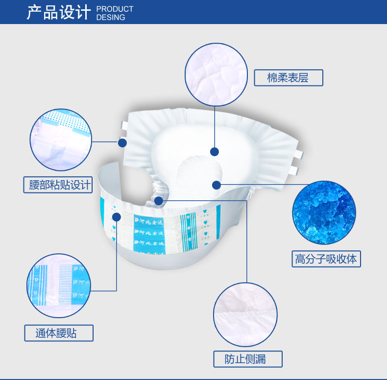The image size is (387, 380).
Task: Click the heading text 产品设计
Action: coord(58,12)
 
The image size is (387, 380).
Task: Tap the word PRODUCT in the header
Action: coord(115,9)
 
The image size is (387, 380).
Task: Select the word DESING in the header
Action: coord(111,17)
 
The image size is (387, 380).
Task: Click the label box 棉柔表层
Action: coord(288,78)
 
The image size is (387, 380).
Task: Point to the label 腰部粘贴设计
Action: coord(58,185)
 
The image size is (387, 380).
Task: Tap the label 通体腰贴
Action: coord(58,333)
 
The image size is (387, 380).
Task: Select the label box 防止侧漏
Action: coord(247,359)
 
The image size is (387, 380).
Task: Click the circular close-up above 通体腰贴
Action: coord(59,286)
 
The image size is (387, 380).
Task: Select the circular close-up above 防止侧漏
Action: coord(245,315)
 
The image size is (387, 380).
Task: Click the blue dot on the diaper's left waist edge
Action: coord(122,143)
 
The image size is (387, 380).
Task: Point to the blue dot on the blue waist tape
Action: coord(117,217)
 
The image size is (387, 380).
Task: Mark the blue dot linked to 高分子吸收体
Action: coord(216,185)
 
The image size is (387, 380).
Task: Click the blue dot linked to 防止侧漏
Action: coord(159,200)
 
